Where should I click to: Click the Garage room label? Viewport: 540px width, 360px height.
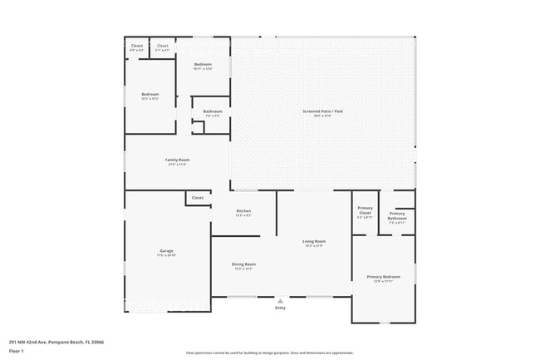click(166, 250)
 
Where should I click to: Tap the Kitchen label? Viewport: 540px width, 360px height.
click(243, 211)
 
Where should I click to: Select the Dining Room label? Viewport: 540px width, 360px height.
click(244, 264)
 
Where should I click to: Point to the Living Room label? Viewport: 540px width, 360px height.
click(313, 241)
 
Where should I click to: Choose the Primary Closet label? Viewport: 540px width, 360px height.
click(365, 210)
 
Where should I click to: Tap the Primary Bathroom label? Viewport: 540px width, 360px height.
click(397, 216)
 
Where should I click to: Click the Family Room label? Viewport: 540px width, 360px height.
click(178, 160)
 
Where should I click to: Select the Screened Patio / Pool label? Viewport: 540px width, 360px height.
click(322, 111)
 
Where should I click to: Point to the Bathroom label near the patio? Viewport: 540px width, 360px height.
click(212, 111)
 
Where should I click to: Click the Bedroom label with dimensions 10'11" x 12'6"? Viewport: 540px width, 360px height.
click(203, 64)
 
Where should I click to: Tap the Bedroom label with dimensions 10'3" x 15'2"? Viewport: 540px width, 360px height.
click(150, 94)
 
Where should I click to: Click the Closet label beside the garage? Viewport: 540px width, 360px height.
click(197, 198)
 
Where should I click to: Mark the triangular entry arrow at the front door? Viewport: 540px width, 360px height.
click(280, 300)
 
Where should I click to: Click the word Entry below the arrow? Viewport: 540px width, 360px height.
click(280, 308)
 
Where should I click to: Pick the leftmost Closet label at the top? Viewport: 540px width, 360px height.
click(136, 46)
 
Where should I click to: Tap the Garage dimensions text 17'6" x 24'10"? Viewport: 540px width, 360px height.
click(166, 254)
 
